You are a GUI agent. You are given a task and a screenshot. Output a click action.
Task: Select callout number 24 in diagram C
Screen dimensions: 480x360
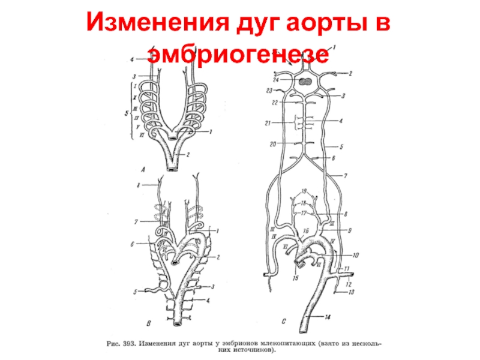[x=276, y=79]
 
